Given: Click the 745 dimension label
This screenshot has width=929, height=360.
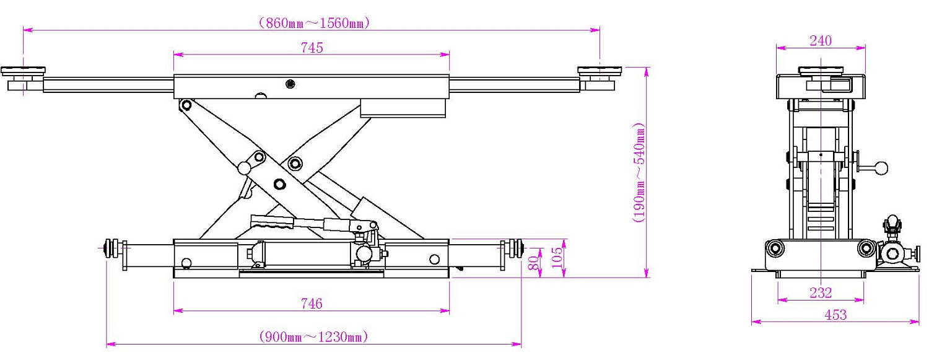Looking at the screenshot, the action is click(x=312, y=48).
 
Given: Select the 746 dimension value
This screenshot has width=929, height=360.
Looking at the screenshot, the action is click(x=312, y=304).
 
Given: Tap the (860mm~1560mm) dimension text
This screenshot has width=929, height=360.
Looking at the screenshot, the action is click(x=314, y=23).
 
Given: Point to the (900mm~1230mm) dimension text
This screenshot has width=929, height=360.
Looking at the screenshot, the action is click(x=313, y=336).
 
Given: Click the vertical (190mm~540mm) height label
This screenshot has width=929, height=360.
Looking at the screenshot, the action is click(x=639, y=172).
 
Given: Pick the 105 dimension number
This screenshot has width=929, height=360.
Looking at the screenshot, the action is click(x=558, y=257).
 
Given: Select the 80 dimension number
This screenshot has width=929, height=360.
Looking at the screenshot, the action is click(x=534, y=263).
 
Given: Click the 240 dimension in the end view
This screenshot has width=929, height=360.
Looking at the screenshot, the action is click(x=821, y=41).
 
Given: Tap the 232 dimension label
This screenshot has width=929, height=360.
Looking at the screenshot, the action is click(x=821, y=293).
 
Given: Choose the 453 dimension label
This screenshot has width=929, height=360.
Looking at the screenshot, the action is click(x=835, y=315).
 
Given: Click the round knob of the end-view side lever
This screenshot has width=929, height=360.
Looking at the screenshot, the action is click(x=881, y=168).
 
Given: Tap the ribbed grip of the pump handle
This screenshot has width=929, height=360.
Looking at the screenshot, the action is click(x=272, y=222).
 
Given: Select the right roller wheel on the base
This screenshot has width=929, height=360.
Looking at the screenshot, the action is click(x=517, y=248).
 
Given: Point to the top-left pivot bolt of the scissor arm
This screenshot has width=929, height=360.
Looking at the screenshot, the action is click(x=186, y=105).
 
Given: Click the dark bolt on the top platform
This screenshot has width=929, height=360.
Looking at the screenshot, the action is click(x=290, y=84).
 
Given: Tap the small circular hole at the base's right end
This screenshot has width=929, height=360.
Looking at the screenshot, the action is click(x=434, y=259).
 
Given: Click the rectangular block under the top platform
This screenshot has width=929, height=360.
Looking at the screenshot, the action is click(x=403, y=108).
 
